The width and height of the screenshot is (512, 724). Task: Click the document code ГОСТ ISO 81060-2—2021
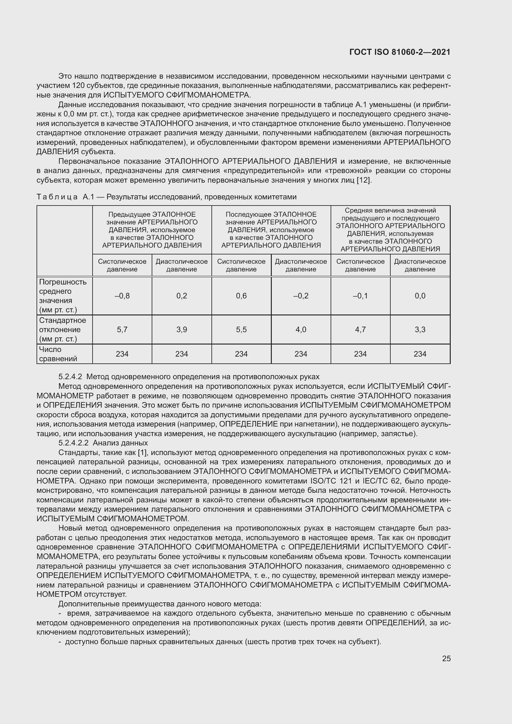pyautogui.click(x=400, y=52)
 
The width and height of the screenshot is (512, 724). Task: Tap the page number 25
pyautogui.click(x=446, y=658)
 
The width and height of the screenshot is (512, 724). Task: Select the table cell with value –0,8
pyautogui.click(x=122, y=296)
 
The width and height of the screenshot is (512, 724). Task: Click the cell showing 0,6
pyautogui.click(x=241, y=296)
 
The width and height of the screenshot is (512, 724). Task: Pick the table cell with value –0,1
pyautogui.click(x=360, y=296)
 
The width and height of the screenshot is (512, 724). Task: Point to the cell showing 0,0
pyautogui.click(x=420, y=296)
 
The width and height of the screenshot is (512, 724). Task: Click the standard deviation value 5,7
pyautogui.click(x=122, y=330)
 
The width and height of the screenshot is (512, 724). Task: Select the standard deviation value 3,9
pyautogui.click(x=182, y=330)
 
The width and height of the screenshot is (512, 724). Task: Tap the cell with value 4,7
pyautogui.click(x=360, y=330)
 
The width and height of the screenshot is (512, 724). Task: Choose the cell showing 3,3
pyautogui.click(x=420, y=330)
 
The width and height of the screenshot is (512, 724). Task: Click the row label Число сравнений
pyautogui.click(x=58, y=354)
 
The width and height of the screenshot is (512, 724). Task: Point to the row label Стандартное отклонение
pyautogui.click(x=63, y=330)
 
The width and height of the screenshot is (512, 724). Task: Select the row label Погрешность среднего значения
pyautogui.click(x=63, y=296)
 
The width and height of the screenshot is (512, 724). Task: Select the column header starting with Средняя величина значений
pyautogui.click(x=390, y=230)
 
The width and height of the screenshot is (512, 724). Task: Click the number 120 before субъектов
pyautogui.click(x=78, y=85)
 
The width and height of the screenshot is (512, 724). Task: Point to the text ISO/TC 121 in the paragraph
pyautogui.click(x=330, y=481)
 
